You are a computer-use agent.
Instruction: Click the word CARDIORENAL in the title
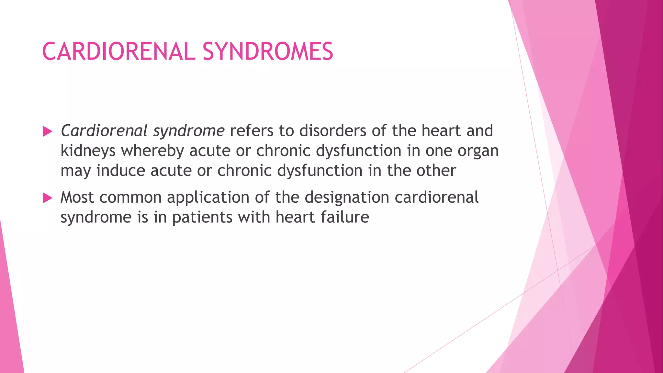(x=118, y=52)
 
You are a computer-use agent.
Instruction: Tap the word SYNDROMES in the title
(x=268, y=52)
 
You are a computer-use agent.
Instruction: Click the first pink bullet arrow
(x=47, y=131)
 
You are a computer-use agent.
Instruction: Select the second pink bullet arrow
(x=47, y=198)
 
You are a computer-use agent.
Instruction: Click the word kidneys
(x=88, y=151)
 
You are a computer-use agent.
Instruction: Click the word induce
(x=121, y=171)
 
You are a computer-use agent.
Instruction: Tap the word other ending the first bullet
(x=436, y=171)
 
